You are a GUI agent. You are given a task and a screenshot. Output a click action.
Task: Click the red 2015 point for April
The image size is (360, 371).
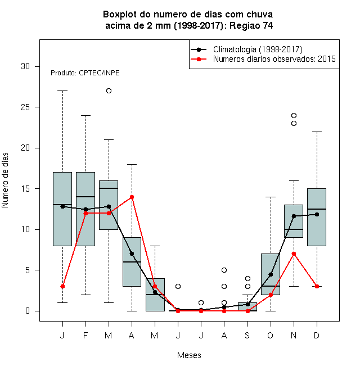[x=132, y=197]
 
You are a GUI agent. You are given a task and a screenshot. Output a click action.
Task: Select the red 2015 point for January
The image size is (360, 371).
[x=62, y=286]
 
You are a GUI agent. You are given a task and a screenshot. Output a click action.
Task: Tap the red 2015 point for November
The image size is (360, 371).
[x=294, y=254]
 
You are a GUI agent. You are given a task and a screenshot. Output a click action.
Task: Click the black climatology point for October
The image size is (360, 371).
[x=271, y=274]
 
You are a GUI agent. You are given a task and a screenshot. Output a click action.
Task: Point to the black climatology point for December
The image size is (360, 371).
[x=317, y=214]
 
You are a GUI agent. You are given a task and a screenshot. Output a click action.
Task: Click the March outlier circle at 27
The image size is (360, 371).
[x=109, y=91]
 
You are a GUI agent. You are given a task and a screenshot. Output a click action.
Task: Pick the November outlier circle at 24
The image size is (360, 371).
[x=294, y=115]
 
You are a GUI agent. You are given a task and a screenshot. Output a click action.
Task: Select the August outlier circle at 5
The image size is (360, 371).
[x=224, y=270]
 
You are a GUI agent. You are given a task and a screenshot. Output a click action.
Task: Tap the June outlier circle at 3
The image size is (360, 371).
[x=178, y=286]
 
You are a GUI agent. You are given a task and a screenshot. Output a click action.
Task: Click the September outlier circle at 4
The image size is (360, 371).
[x=247, y=278]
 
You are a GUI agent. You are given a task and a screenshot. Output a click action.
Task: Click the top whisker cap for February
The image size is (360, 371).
[x=85, y=115]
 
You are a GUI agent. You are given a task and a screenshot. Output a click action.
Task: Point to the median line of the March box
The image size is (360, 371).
[x=109, y=188]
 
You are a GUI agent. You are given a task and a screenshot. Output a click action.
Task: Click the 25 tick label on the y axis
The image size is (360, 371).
[x=25, y=107]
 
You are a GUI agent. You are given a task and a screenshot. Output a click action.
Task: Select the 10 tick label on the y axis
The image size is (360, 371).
[x=25, y=229]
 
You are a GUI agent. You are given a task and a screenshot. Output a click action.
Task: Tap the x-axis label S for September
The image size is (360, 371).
[x=247, y=335]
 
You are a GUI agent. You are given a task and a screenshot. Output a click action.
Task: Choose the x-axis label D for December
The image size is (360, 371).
[x=317, y=335]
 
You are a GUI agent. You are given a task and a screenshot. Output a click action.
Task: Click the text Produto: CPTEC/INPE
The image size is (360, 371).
[x=85, y=73]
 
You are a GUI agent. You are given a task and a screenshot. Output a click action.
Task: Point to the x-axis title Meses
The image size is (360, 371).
[x=189, y=355]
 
